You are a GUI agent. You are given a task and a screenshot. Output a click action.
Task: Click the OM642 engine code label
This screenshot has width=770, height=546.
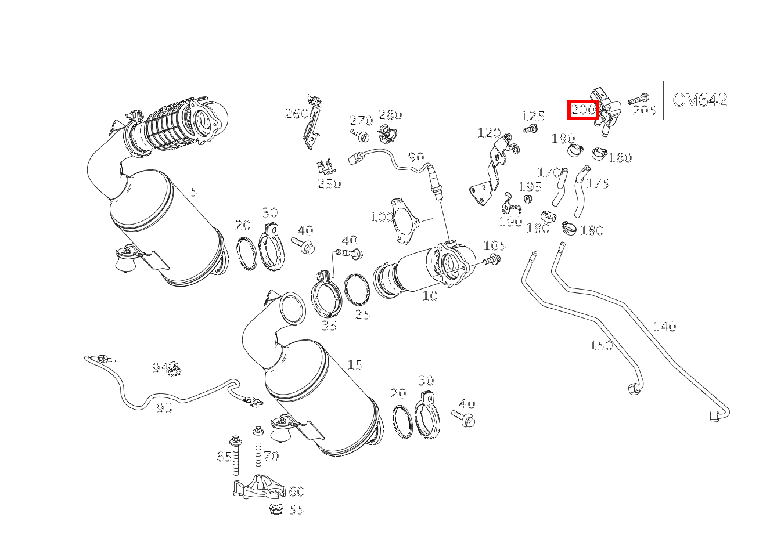pos(700,100)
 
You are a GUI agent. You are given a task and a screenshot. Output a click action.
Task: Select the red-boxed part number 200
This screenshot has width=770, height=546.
pos(583,110)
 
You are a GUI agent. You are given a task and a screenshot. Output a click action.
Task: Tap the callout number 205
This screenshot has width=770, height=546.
pos(644,110)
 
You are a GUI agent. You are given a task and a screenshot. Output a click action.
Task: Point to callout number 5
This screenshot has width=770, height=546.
pos(193,191)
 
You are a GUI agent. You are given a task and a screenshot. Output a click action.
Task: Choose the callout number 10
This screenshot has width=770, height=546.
pos(430,296)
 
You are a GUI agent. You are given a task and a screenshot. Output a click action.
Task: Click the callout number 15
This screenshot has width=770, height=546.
pos(355,365)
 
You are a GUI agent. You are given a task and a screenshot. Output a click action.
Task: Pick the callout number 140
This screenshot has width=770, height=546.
pos(664,327)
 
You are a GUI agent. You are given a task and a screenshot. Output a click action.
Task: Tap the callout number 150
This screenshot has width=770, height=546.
pos(601,345)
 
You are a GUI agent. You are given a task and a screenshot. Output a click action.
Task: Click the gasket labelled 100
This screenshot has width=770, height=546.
pos(405,222)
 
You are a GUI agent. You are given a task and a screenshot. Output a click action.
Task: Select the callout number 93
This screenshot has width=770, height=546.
pos(164,408)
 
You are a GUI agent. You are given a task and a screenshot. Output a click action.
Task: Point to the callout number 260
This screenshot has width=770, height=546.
pos(296,114)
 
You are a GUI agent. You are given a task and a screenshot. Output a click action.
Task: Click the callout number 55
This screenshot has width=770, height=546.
pos(297,509)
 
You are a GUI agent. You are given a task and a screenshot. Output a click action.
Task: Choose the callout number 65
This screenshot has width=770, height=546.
pos(224,457)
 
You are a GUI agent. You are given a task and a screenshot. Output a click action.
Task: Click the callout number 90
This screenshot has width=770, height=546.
pos(416,157)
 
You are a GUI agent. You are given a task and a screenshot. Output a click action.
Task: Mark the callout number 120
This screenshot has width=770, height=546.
pos(488,133)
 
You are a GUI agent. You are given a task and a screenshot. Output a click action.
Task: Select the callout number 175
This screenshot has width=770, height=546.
pos(598,183)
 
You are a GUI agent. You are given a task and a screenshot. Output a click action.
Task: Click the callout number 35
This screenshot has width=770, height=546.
pos(329,326)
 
